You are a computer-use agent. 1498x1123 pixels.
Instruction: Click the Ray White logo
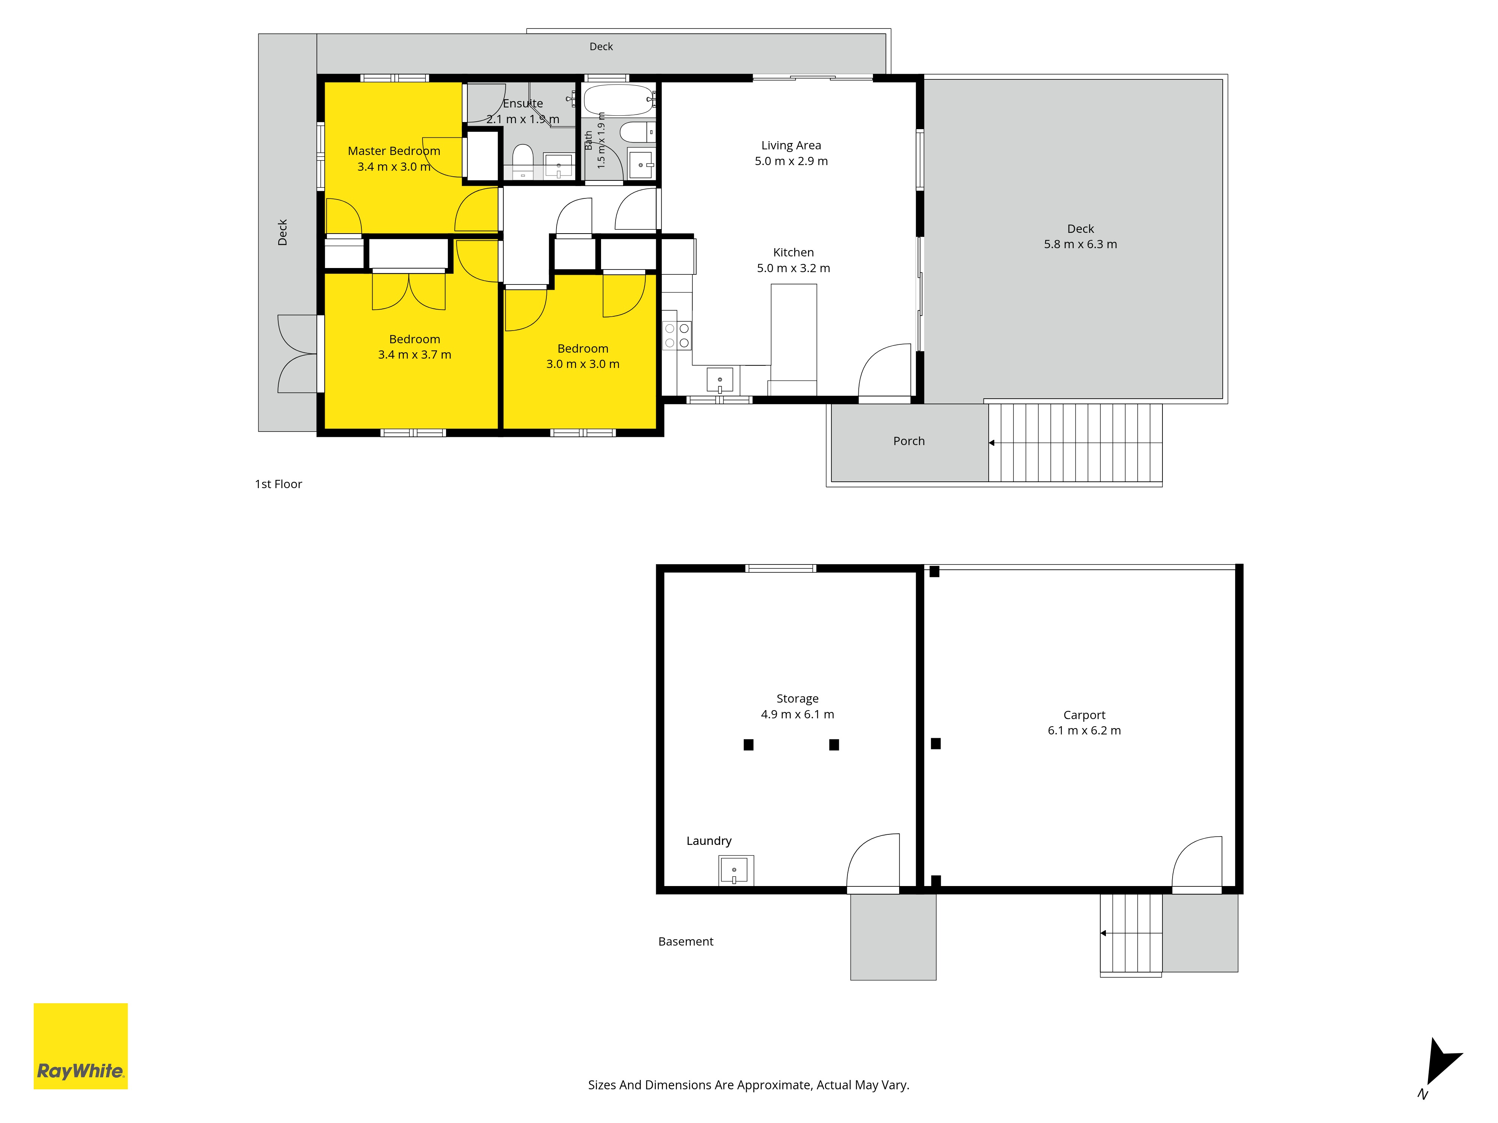(x=81, y=1046)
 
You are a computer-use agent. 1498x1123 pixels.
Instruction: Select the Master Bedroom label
(x=394, y=151)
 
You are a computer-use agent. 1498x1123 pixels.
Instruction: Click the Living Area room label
(x=791, y=146)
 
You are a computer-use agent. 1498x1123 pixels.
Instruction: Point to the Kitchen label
(x=794, y=253)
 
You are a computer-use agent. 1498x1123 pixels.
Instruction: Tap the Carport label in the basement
(x=1084, y=715)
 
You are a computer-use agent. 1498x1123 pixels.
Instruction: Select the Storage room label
(x=798, y=699)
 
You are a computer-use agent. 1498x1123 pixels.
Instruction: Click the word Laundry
(x=709, y=841)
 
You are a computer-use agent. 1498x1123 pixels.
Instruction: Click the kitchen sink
(x=720, y=380)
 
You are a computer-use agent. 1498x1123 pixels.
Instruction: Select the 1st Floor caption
(x=278, y=484)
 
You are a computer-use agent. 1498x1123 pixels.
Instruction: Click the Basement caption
(x=686, y=941)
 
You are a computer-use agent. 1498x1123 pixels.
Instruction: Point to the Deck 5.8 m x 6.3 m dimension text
(x=1081, y=244)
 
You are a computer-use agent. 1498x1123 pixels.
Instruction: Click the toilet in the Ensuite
(x=523, y=161)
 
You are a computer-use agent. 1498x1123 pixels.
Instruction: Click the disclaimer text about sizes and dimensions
(x=748, y=1085)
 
